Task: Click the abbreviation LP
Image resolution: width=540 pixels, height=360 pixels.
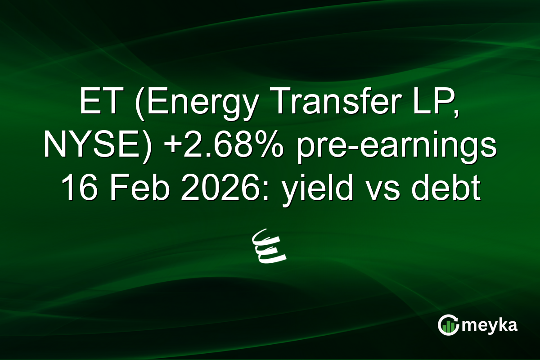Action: click(x=427, y=103)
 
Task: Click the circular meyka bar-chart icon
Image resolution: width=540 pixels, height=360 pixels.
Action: click(x=448, y=325)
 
